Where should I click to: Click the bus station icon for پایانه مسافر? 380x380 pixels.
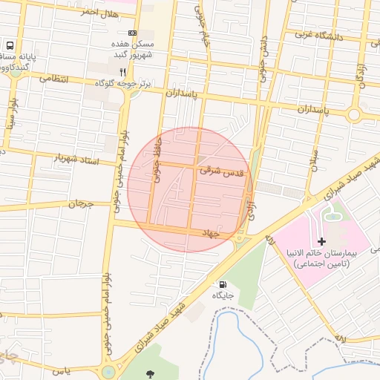point(10,45)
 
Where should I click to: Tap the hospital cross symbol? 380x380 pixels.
point(321,241)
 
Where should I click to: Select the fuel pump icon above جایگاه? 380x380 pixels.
point(223,284)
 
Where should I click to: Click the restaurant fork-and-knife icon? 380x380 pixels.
point(122,72)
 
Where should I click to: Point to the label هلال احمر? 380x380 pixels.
point(99,13)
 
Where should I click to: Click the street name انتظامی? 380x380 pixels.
point(53,77)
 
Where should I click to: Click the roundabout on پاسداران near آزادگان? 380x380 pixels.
point(354,115)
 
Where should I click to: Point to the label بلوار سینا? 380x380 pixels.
point(10,110)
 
